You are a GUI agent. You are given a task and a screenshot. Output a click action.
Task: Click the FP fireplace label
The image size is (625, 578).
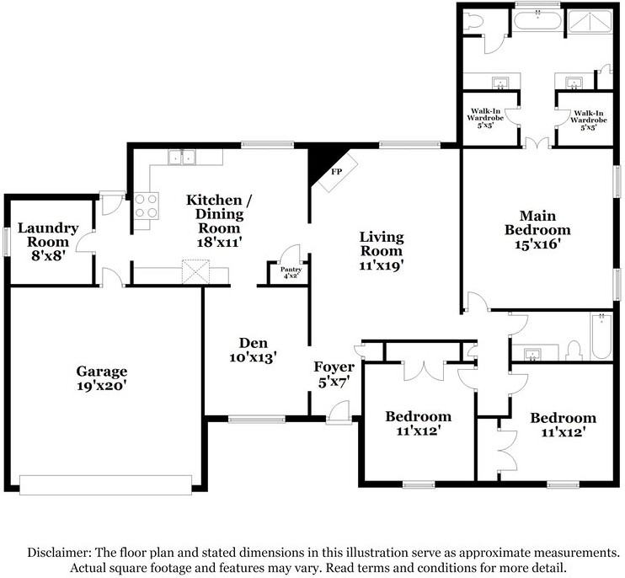(336, 172)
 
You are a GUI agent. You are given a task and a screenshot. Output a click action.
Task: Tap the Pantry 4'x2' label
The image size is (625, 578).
(291, 272)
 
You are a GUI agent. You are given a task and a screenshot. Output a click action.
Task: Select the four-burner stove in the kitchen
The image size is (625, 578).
(146, 206)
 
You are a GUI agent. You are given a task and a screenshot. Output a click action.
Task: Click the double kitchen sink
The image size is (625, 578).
(182, 157)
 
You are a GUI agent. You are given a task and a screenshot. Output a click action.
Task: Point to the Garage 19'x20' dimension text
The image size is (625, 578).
(102, 385)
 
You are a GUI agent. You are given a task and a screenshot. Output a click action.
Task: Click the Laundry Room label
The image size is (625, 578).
(48, 235)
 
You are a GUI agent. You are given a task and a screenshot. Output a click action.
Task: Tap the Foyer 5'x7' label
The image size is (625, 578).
(334, 374)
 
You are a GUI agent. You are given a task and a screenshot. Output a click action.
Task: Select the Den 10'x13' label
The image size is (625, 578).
(253, 350)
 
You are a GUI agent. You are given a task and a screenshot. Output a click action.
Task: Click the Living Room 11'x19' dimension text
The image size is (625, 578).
(382, 265)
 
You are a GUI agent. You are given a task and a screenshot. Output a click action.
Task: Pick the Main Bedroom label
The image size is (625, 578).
(537, 222)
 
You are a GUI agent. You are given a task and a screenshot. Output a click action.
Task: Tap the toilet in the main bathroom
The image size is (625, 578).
(473, 19)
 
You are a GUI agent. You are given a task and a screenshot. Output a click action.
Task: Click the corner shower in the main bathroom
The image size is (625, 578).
(590, 21)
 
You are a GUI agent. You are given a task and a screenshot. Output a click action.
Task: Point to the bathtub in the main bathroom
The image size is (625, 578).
(537, 20)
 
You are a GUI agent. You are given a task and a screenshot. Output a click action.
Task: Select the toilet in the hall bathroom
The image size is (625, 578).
(574, 350)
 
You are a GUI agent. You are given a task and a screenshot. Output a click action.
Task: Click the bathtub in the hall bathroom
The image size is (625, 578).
(601, 337)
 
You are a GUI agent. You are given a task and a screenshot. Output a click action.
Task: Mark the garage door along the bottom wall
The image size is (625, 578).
(105, 484)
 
